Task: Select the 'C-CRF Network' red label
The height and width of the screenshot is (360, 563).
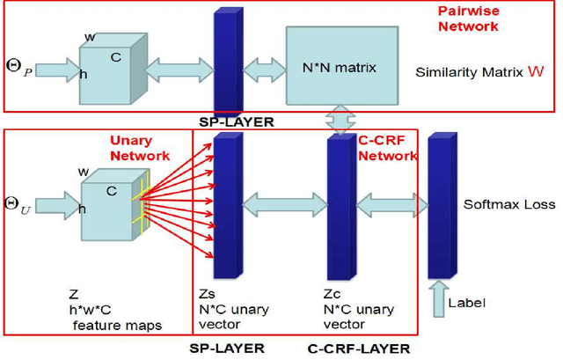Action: point(387,148)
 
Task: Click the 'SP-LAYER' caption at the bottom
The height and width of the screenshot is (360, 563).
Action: point(227,349)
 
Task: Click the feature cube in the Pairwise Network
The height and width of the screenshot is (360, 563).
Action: point(110,70)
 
